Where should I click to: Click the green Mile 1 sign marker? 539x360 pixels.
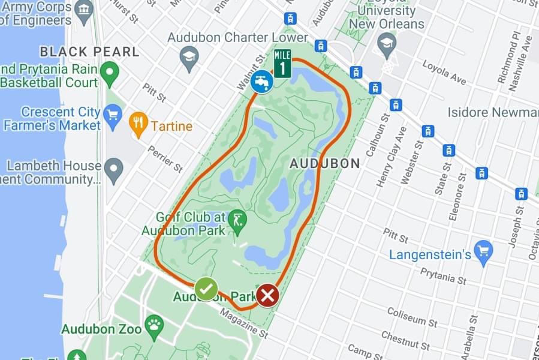(282, 63)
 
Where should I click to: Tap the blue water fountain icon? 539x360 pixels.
(262, 81)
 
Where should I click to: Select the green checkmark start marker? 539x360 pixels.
(206, 289)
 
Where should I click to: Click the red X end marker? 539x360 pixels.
(267, 295)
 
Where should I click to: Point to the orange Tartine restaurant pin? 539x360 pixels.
(138, 125)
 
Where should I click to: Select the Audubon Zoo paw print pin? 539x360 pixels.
(154, 325)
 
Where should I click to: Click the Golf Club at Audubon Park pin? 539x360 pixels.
(239, 220)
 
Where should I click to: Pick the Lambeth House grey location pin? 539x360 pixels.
(113, 170)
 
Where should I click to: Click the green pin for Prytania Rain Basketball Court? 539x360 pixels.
(109, 74)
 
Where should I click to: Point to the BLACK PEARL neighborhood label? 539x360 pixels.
(89, 52)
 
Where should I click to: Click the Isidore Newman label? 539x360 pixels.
(492, 112)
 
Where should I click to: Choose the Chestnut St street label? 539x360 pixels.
(406, 340)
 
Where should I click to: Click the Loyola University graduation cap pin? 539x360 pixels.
(387, 43)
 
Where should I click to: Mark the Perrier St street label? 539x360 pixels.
(165, 157)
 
